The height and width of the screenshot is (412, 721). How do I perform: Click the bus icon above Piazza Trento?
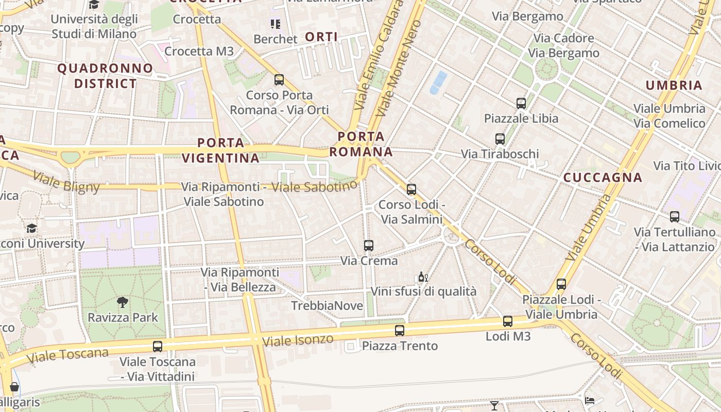coord(400,331)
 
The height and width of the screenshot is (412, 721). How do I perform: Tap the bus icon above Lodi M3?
coord(508,321)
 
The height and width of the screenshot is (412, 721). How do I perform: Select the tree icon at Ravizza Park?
coord(123,302)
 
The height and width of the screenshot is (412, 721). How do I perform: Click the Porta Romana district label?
coord(361,144)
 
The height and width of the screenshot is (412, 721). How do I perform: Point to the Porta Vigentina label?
coord(220,150)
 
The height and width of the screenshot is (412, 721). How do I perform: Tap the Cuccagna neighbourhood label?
coord(603,178)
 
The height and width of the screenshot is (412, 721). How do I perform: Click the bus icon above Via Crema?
coord(369,246)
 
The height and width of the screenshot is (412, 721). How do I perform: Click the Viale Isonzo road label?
coord(298,340)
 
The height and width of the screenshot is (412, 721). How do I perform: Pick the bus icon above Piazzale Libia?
coord(521,104)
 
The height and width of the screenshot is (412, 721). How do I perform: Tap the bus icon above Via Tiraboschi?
coord(500,139)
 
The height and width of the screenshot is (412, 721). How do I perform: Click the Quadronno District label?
coord(105,76)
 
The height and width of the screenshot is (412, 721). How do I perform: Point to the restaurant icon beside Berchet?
coord(276,24)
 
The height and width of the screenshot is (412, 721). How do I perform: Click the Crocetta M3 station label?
coord(199,51)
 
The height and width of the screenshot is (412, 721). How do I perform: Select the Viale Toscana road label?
coord(67,355)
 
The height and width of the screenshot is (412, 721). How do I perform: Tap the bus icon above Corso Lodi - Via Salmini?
coord(411,190)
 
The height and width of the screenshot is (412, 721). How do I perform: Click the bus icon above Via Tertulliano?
coord(675,217)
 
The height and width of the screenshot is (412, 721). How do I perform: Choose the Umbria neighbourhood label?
coord(674,85)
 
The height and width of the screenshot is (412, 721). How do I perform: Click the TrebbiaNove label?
coord(327,306)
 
